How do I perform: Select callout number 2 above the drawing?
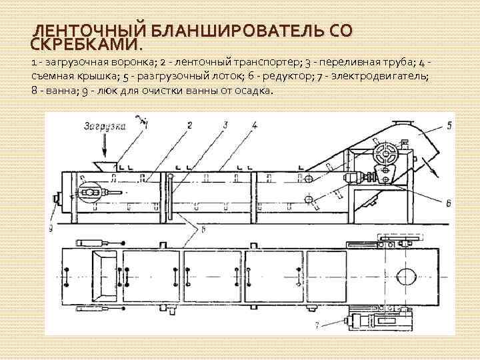(x=190, y=125)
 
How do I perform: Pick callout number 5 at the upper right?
(x=449, y=125)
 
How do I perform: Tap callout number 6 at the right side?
(x=449, y=202)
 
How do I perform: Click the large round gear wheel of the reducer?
(x=386, y=155)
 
